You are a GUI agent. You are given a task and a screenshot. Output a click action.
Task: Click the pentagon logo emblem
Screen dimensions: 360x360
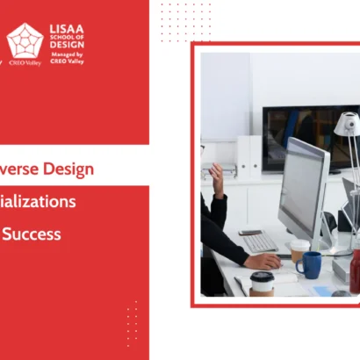pos(25,41)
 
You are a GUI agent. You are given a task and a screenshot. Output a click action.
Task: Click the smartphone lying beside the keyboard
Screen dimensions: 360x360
pos(249,232)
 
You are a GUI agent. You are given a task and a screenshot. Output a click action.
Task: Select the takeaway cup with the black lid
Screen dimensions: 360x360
pos(262,283)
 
